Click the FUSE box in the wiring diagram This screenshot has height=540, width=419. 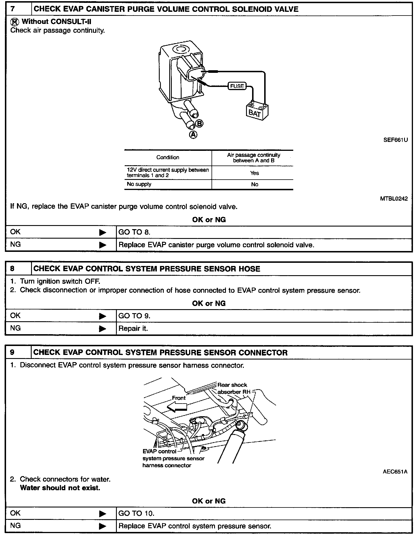click(x=237, y=86)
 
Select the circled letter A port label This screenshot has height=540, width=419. click(x=193, y=134)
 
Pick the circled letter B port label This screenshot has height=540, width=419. click(x=199, y=124)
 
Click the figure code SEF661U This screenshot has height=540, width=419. click(x=396, y=140)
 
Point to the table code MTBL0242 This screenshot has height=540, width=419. click(x=394, y=199)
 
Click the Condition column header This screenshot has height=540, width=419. click(x=168, y=157)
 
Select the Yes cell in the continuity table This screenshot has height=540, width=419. click(x=254, y=173)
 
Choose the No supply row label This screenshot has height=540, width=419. click(x=139, y=184)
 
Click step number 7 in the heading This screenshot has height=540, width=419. click(x=13, y=9)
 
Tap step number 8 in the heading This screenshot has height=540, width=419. click(x=12, y=269)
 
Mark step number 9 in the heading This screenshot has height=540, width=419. click(x=12, y=353)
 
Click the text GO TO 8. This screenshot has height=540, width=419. click(x=134, y=232)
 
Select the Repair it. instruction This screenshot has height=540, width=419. click(x=133, y=328)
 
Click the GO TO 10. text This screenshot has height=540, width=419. click(x=136, y=513)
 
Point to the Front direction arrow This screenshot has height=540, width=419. click(x=177, y=406)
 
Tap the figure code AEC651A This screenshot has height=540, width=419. click(x=395, y=472)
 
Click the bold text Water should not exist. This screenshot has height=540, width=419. click(x=60, y=488)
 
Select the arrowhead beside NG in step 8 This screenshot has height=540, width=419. click(x=102, y=328)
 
